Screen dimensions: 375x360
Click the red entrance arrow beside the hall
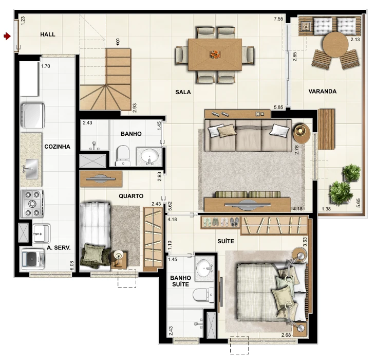(x=7, y=36)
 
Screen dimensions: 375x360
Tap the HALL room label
(x=48, y=34)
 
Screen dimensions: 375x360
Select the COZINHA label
(x=58, y=147)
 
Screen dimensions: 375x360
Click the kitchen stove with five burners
(x=32, y=204)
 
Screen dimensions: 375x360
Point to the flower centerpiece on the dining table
(x=215, y=55)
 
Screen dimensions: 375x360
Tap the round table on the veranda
(x=335, y=45)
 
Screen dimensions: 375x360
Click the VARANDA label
(x=323, y=92)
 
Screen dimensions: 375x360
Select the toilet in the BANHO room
(x=123, y=156)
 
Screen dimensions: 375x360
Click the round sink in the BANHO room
(x=149, y=156)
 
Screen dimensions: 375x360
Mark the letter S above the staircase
(x=118, y=41)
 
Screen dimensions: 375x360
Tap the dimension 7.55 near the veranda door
(x=278, y=19)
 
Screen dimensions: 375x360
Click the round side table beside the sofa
(x=302, y=133)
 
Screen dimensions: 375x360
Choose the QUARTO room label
(x=131, y=196)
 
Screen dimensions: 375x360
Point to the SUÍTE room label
(x=226, y=241)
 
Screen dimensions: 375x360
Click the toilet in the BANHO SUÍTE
(x=203, y=295)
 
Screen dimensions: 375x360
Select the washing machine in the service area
(x=32, y=259)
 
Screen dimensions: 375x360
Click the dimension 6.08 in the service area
(x=71, y=265)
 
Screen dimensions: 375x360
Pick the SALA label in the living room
(x=183, y=92)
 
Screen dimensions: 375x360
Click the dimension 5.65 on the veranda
(x=358, y=203)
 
